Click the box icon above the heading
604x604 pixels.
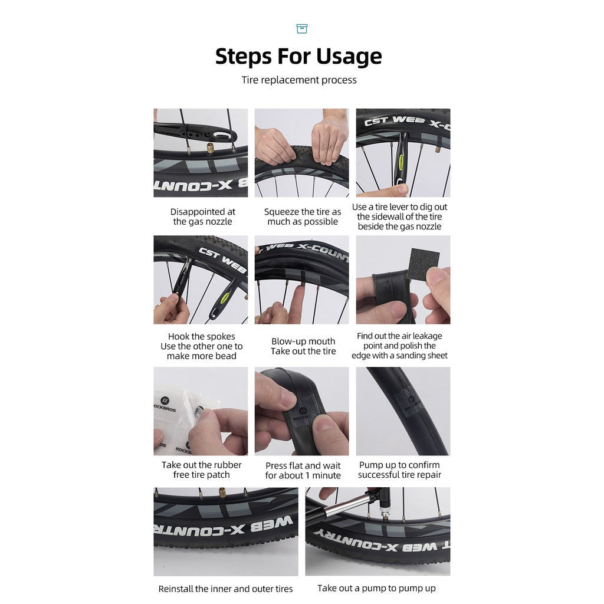pyautogui.click(x=301, y=28)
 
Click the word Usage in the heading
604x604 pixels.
pyautogui.click(x=349, y=56)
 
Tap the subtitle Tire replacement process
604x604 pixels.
pyautogui.click(x=299, y=80)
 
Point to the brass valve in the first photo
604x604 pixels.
pyautogui.click(x=211, y=147)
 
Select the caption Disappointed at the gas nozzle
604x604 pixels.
pyautogui.click(x=203, y=216)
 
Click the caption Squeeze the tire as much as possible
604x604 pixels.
pyautogui.click(x=303, y=216)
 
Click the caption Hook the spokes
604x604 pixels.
pyautogui.click(x=202, y=336)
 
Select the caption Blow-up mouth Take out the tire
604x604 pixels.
pyautogui.click(x=303, y=346)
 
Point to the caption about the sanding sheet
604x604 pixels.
pyautogui.click(x=399, y=346)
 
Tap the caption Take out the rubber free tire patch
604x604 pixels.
pyautogui.click(x=202, y=470)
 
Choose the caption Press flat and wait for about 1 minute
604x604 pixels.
pyautogui.click(x=303, y=470)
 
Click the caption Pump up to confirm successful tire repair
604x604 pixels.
pyautogui.click(x=399, y=470)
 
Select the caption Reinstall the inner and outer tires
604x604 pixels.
pyautogui.click(x=226, y=589)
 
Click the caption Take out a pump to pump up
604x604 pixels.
pyautogui.click(x=376, y=588)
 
